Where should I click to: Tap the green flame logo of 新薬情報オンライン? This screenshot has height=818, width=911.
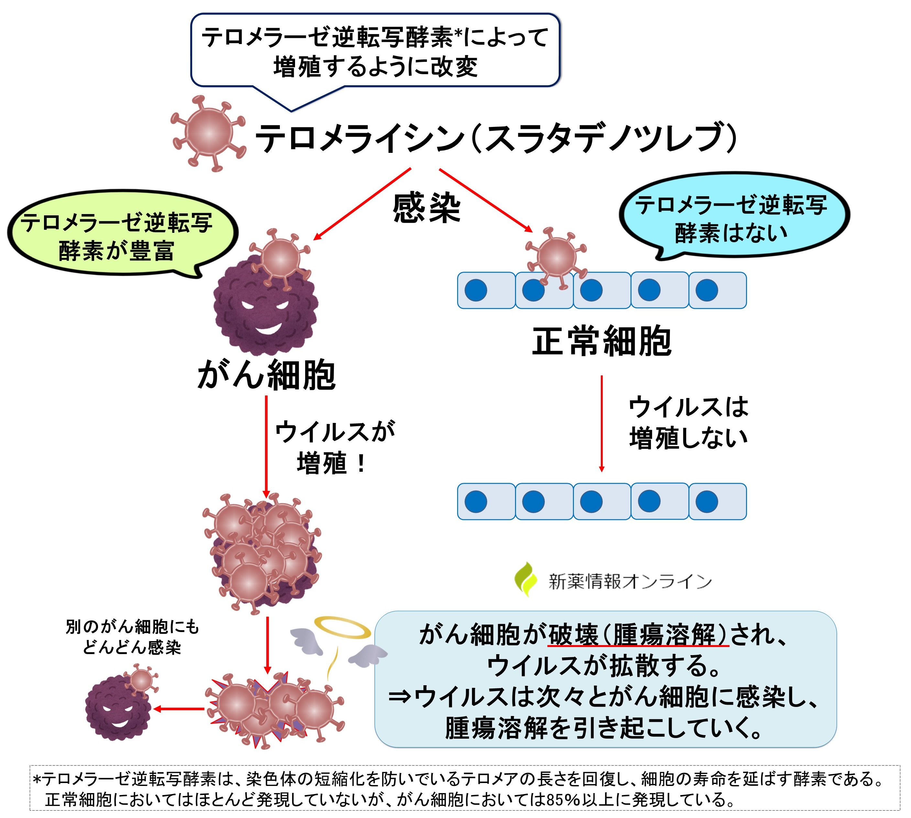(525, 580)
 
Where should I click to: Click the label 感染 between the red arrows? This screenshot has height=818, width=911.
(426, 208)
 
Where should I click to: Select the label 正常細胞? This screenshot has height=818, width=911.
(602, 342)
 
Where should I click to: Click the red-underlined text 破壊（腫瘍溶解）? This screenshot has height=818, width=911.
(638, 635)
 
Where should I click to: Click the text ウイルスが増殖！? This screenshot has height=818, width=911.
(335, 447)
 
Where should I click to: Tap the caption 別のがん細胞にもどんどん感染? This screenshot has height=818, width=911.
(132, 636)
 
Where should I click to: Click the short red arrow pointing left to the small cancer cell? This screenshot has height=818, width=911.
(180, 709)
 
